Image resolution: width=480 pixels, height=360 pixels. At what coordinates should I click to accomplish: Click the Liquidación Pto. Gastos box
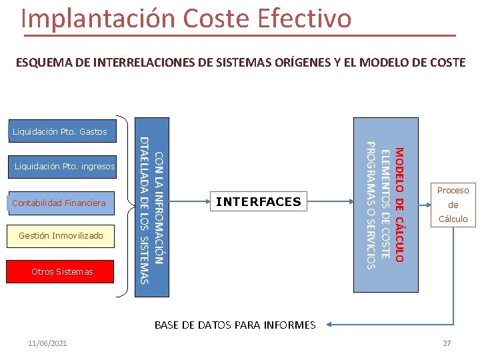[x=59, y=131]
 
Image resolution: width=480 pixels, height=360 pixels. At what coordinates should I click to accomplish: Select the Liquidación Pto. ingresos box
[x=64, y=166]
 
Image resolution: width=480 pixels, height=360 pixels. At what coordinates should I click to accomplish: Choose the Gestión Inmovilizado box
[x=61, y=235]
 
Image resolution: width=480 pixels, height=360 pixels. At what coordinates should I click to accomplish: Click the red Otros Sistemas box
[x=62, y=271]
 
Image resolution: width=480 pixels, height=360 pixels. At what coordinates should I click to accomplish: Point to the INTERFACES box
[x=259, y=201]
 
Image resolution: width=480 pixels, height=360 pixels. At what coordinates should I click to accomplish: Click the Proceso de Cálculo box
[x=453, y=204]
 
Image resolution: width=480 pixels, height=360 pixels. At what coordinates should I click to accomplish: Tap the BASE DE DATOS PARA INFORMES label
[x=235, y=325]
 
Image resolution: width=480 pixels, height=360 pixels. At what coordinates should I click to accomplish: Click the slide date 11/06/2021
[x=47, y=343]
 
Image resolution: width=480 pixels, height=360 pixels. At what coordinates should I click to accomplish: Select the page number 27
[x=447, y=343]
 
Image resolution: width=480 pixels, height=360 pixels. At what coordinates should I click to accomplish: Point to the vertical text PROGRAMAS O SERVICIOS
[x=372, y=205]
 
